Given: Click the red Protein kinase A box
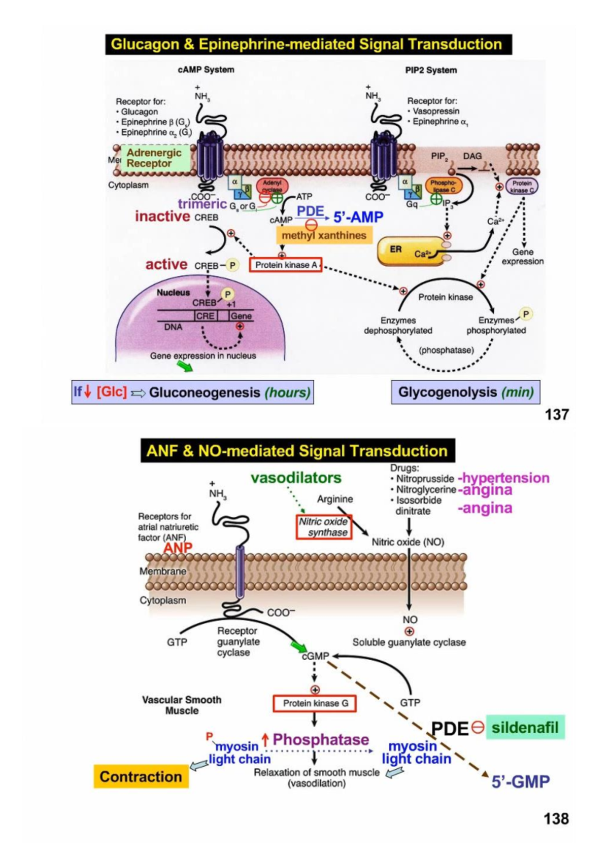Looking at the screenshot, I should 286,265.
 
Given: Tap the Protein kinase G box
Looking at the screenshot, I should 315,703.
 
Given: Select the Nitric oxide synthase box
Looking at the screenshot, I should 324,527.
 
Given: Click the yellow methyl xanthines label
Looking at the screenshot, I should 324,235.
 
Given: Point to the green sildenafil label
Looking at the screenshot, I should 525,728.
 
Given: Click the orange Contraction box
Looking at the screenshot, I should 141,776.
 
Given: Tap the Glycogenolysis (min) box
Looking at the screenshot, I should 465,392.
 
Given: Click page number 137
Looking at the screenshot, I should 556,414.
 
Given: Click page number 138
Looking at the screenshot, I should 556,818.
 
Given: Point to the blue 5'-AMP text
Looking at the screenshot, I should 358,217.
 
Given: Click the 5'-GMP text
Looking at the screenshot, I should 521,781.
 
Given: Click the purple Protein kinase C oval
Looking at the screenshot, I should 522,187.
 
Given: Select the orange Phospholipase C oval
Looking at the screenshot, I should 444,186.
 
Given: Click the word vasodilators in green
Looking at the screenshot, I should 296,478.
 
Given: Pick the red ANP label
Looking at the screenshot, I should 178,548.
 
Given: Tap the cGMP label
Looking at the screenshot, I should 316,656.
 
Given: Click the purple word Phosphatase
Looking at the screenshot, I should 321,739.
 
